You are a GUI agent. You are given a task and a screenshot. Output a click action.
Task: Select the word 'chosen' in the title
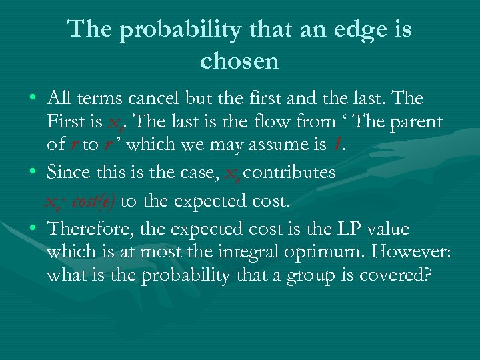(x=239, y=61)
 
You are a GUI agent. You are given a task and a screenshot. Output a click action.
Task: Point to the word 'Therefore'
(x=93, y=229)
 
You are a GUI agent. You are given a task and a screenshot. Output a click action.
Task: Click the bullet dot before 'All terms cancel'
(x=33, y=99)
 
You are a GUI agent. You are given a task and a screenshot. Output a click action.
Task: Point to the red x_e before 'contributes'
(x=232, y=174)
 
